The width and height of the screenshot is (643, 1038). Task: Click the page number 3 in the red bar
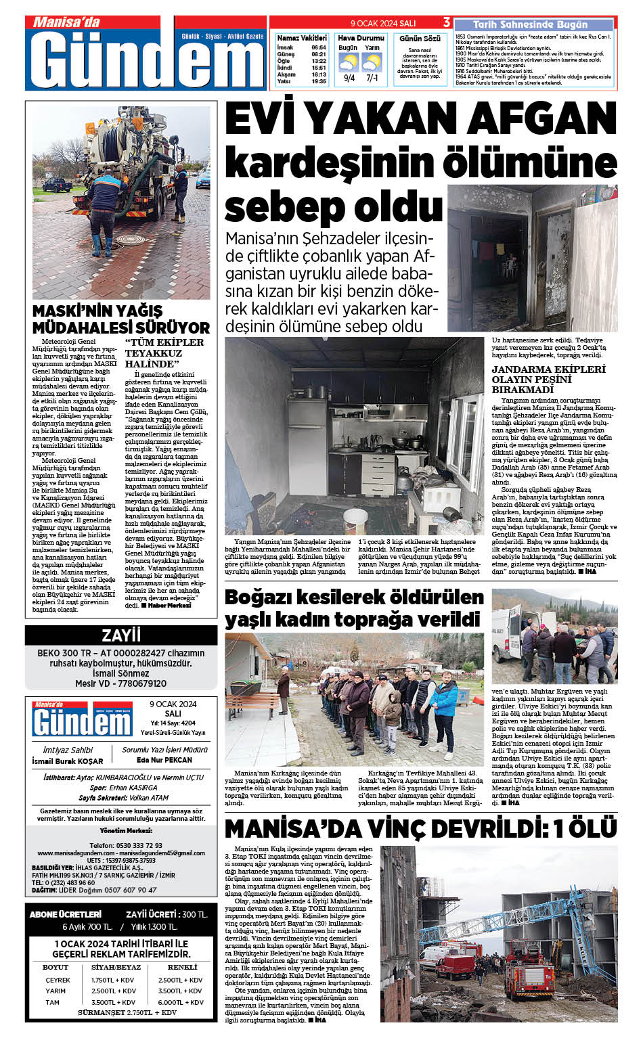447,23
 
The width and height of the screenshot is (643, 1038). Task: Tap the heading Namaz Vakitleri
302,39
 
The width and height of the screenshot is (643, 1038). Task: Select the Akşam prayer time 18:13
319,75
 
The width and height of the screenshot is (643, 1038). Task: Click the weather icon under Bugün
348,63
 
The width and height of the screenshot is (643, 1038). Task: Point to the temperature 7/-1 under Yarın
372,78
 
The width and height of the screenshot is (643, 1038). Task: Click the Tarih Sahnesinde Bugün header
530,25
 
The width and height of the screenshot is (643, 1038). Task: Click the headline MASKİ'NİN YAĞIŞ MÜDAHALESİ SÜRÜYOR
121,319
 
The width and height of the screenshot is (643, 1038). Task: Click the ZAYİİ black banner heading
121,635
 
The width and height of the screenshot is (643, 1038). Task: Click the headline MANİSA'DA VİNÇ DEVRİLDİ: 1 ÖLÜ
420,829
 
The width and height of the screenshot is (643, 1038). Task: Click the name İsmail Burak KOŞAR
68,761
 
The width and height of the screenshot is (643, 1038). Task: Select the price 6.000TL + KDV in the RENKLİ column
181,1002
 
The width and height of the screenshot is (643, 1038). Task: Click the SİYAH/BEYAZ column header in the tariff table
116,967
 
